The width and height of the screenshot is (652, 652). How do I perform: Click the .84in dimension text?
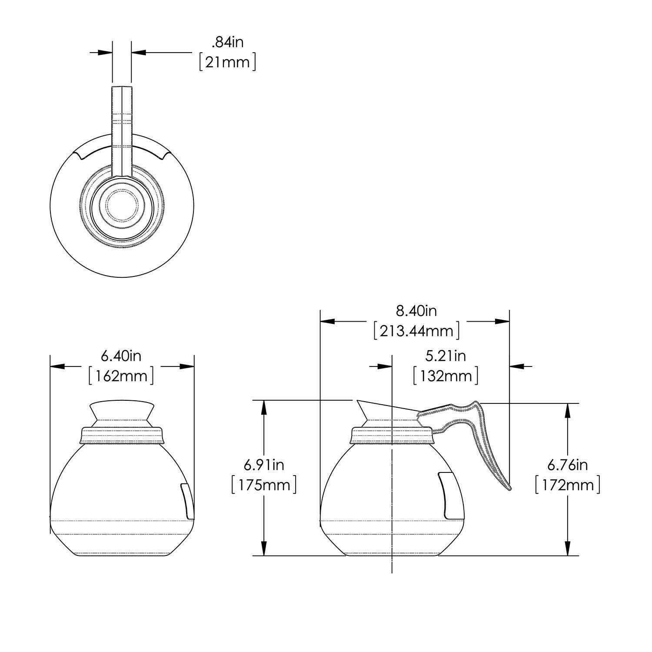227,43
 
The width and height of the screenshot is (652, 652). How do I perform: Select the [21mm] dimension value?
227,62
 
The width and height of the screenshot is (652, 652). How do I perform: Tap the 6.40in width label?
121,356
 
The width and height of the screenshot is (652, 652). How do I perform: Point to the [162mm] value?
121,376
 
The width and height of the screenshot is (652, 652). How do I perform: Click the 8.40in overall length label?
416,311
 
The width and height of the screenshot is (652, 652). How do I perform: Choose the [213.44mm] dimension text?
416,331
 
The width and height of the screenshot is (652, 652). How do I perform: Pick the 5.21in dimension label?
445,356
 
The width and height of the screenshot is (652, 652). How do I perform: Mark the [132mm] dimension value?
445,376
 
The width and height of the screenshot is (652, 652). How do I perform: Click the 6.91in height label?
264,465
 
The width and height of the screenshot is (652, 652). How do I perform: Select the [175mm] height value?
264,484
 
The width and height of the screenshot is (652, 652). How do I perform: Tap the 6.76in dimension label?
567,465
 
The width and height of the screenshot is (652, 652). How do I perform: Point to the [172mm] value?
567,484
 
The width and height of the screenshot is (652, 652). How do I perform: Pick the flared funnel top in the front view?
122,410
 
